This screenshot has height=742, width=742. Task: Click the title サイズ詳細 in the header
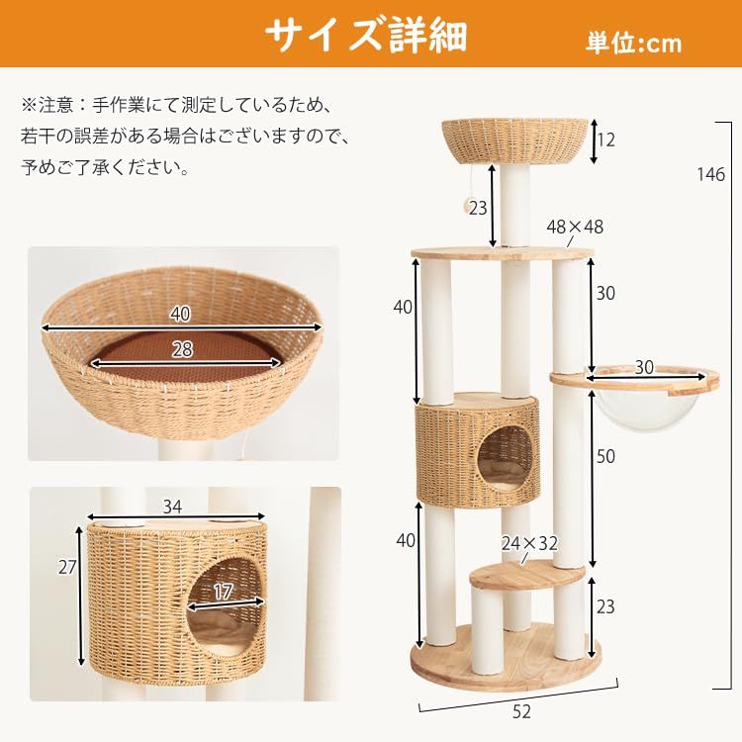(x=365, y=35)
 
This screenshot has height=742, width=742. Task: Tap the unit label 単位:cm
(x=632, y=43)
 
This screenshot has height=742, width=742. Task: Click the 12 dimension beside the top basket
(x=606, y=141)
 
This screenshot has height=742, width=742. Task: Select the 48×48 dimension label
(x=574, y=228)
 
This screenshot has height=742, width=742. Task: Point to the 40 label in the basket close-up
(x=179, y=315)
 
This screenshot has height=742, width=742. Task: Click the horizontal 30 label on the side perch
(x=644, y=367)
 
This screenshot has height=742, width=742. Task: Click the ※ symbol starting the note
(x=29, y=103)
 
